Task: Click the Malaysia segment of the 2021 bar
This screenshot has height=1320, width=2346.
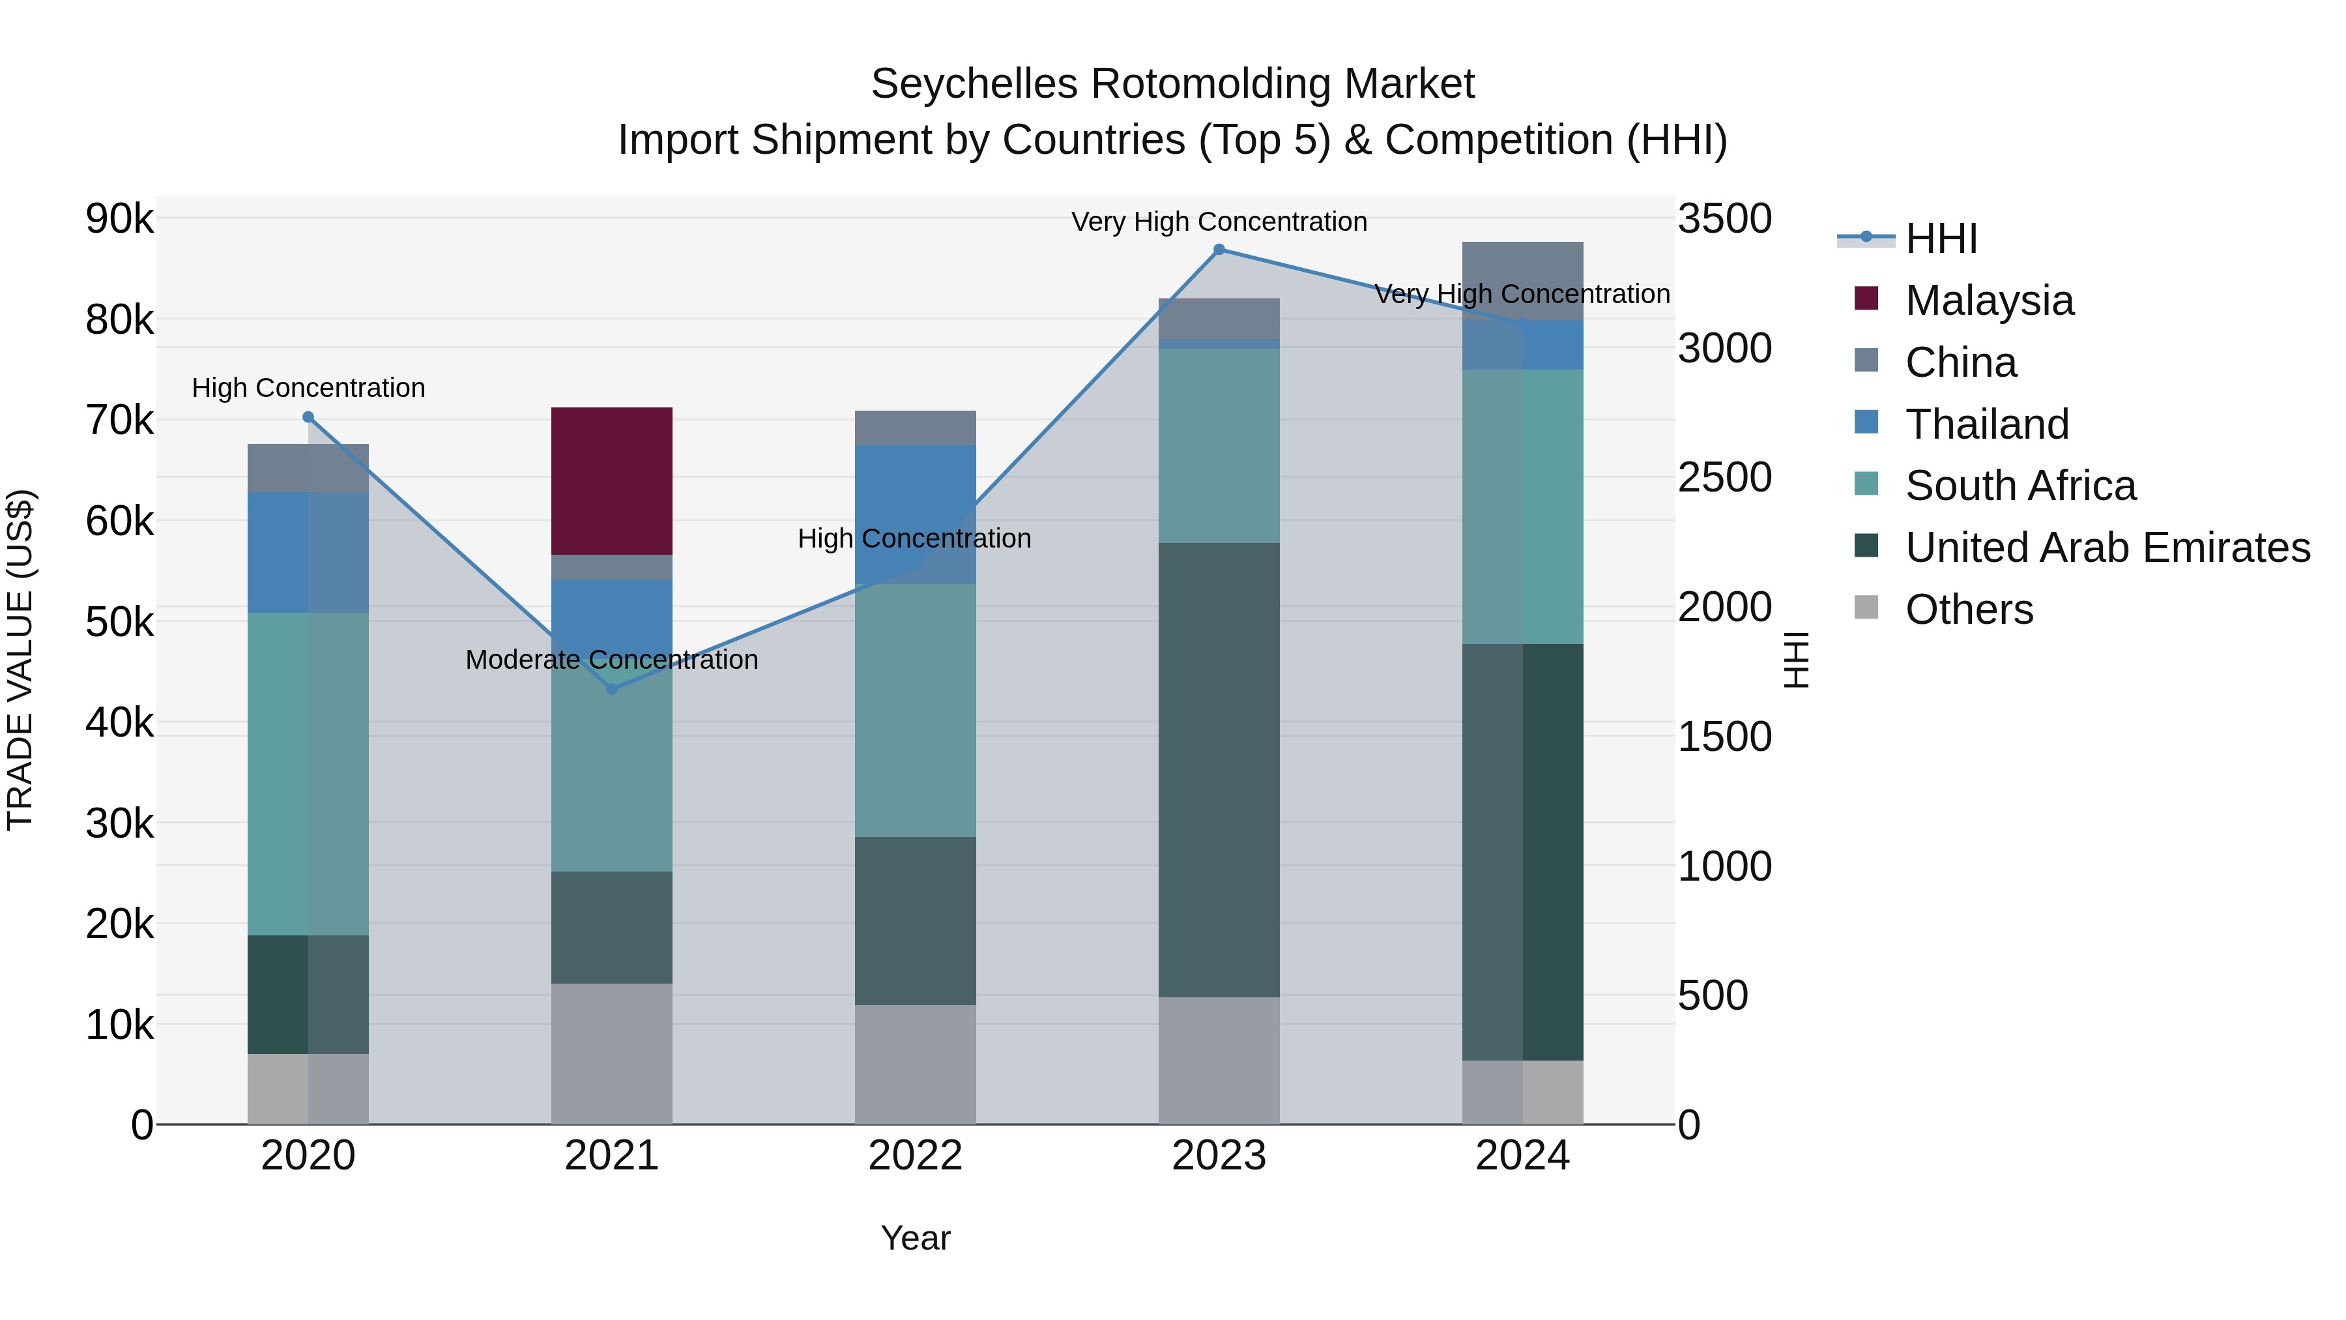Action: point(611,481)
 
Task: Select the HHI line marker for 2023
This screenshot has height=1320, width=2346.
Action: point(1219,250)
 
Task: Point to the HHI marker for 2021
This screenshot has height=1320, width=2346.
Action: point(611,690)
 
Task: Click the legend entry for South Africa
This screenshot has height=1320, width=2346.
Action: point(2020,486)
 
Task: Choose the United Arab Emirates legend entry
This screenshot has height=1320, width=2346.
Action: point(2106,548)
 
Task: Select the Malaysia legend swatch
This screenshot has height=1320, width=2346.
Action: point(1866,299)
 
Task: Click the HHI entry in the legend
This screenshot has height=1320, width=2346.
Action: point(1940,239)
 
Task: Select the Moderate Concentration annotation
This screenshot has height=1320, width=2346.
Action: point(611,660)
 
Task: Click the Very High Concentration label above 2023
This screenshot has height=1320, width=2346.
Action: point(1219,222)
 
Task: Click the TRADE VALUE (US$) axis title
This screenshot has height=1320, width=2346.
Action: point(20,660)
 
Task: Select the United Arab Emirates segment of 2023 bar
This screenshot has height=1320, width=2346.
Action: point(1219,770)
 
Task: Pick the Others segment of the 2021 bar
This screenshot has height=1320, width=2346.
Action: point(611,1053)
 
